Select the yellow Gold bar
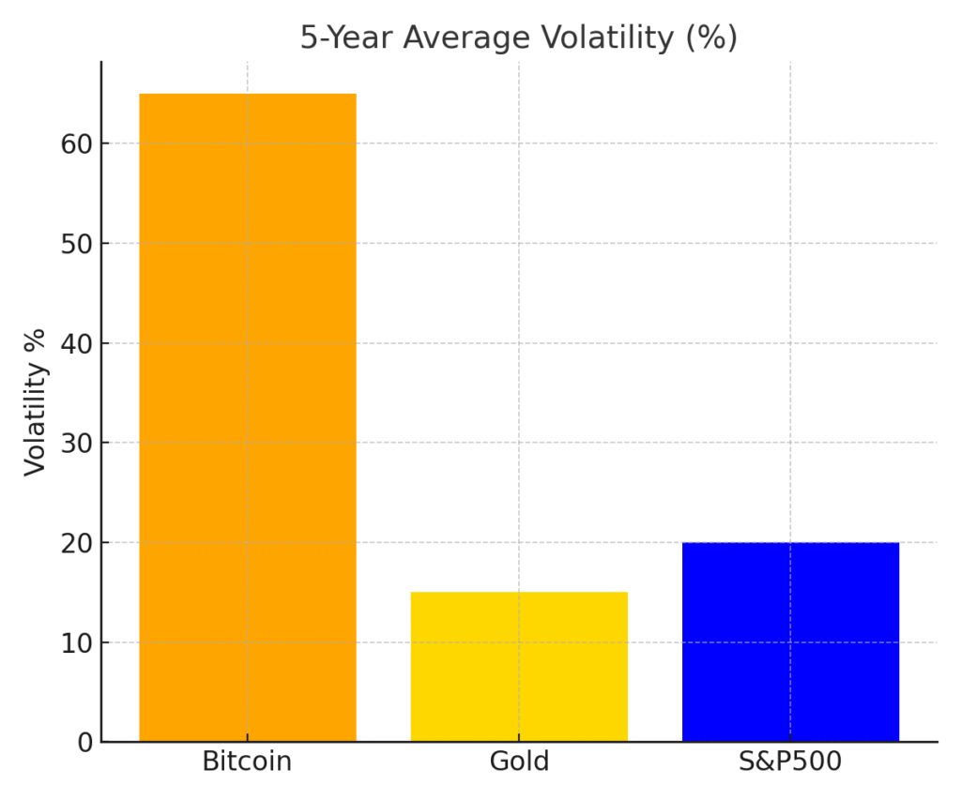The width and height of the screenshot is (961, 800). tap(519, 667)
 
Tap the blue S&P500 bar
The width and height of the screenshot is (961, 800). tap(790, 642)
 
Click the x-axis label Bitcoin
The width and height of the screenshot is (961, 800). tap(248, 762)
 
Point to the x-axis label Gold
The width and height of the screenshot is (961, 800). tap(519, 762)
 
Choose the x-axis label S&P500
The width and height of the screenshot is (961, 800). tap(790, 762)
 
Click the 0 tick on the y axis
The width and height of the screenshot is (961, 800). tap(84, 743)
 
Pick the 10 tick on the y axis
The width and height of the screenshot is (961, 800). tap(78, 643)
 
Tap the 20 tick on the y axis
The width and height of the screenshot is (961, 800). tap(78, 543)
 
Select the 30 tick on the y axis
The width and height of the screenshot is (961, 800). tap(78, 444)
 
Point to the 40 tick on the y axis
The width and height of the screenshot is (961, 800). tap(78, 344)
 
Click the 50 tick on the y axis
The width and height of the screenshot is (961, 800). tap(78, 244)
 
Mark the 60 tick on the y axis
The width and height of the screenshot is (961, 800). tap(78, 144)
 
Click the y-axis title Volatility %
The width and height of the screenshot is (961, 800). tap(36, 401)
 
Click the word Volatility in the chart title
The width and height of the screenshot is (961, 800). tap(606, 38)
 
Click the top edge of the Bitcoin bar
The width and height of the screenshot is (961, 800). tap(248, 94)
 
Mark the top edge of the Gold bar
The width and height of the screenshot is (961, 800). tap(519, 593)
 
